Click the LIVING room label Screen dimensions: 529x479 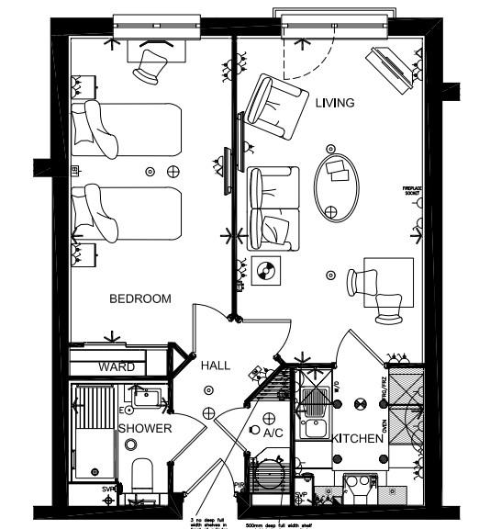pos(334,103)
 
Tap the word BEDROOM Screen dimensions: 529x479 pos(140,298)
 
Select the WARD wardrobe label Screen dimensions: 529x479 pos(117,366)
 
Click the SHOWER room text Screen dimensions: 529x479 pos(144,428)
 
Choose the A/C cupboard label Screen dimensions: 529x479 pos(273,431)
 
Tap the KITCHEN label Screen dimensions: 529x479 pos(358,439)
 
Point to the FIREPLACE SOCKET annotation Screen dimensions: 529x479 pos(410,194)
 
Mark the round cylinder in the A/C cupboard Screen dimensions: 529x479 pos(272,477)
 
